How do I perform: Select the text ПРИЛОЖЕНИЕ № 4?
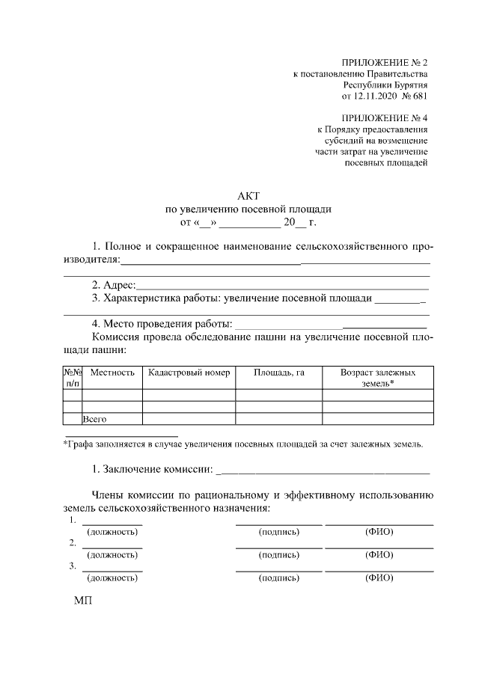(385, 117)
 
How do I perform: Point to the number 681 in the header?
(419, 96)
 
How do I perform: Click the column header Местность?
(112, 372)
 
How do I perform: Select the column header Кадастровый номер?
(189, 372)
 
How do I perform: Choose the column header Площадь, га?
(278, 372)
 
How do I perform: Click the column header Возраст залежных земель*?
(377, 377)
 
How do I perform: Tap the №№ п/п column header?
(73, 377)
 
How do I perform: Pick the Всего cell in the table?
(96, 420)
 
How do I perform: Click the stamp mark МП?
(82, 601)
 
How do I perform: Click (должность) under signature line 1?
(112, 532)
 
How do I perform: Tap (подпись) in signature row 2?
(279, 555)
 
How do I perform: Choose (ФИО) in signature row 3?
(379, 578)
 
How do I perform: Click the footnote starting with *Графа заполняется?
(242, 444)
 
